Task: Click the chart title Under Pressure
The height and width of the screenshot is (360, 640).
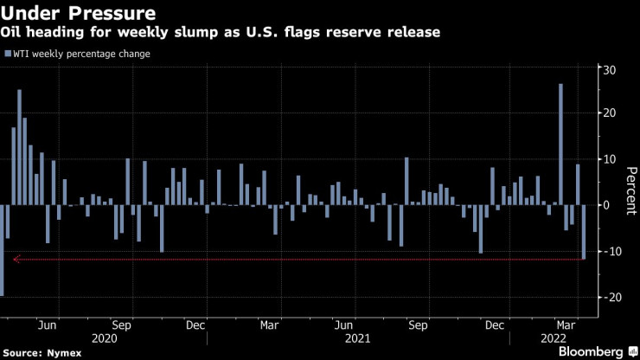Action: (80, 13)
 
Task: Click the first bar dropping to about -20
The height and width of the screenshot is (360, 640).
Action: (2, 250)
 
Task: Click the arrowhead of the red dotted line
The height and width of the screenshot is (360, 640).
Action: (16, 259)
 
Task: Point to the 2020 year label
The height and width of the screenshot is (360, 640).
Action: (103, 337)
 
